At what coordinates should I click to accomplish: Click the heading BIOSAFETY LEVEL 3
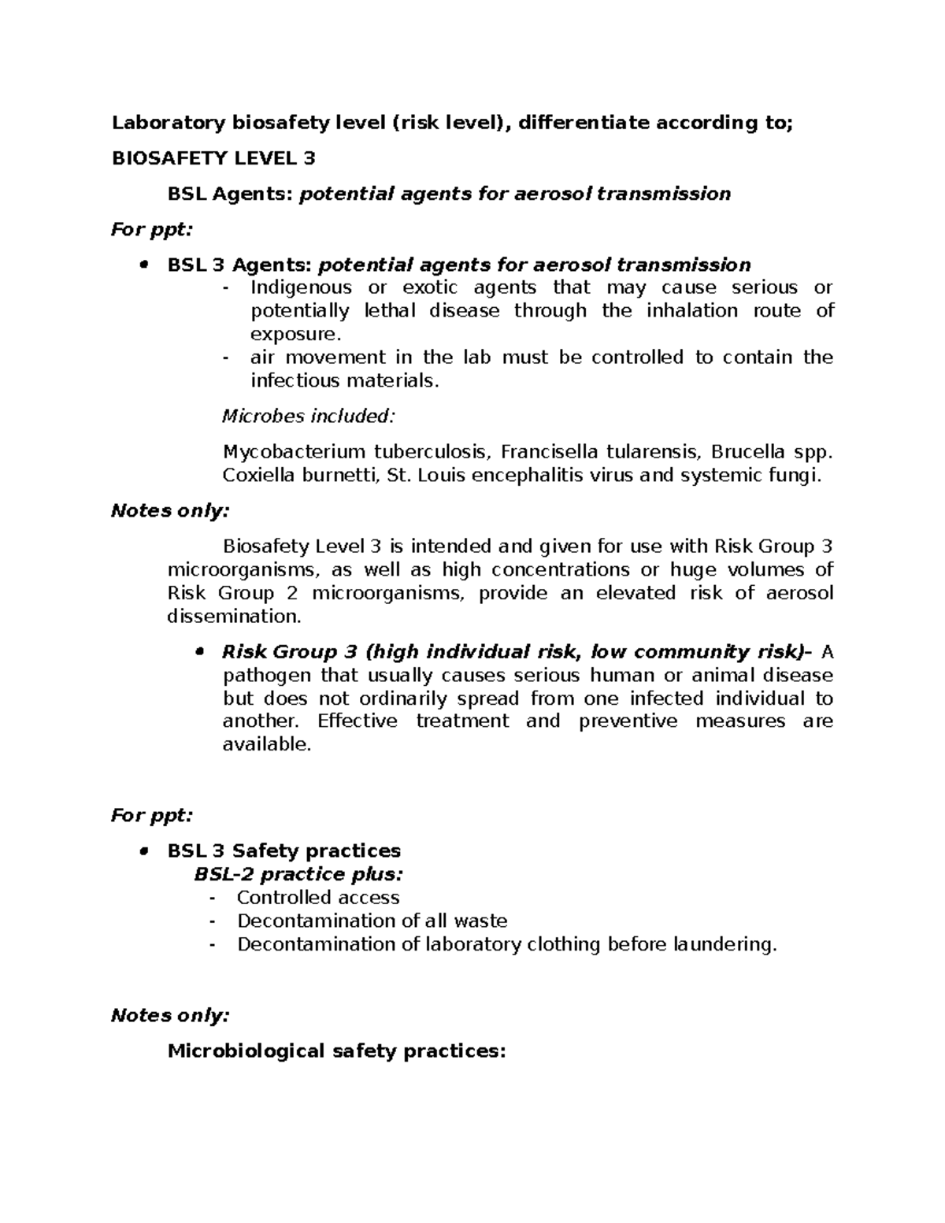213,158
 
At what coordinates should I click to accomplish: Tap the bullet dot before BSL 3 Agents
143,265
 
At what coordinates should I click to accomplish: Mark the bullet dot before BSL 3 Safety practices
143,852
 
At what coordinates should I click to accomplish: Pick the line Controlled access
317,898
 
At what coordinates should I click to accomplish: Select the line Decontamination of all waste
372,921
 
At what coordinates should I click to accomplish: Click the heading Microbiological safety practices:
335,1051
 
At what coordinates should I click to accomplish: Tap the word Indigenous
301,287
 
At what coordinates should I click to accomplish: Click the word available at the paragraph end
266,744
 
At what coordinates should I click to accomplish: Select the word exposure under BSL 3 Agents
295,334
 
